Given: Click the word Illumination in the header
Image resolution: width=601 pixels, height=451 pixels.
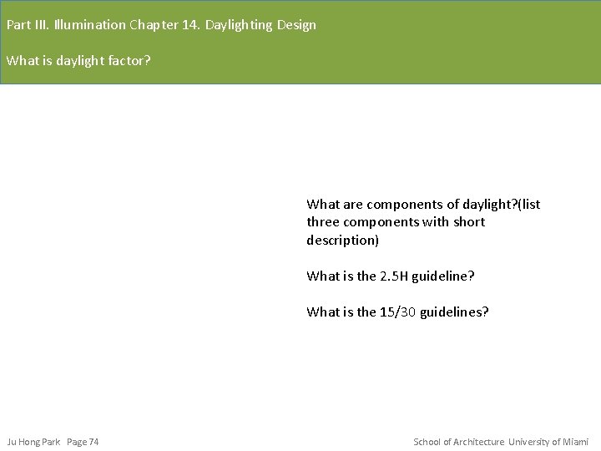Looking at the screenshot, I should point(89,25).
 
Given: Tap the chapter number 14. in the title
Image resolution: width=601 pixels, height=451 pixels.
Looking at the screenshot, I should point(191,25).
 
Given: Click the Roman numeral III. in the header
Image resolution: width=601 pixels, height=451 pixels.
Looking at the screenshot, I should point(41,25).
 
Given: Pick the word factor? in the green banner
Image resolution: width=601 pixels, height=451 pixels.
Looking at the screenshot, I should point(129,61).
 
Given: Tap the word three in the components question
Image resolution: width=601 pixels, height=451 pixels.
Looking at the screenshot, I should point(322,222).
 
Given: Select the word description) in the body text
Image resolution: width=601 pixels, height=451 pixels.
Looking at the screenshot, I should point(342,241).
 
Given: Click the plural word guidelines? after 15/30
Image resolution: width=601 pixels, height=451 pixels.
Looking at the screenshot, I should point(454,312).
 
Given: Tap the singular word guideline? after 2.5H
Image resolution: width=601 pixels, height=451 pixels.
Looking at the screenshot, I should point(451,276).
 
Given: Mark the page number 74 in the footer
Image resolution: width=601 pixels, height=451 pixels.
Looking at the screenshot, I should point(93,442).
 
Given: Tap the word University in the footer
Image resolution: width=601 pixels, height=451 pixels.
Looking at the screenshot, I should point(529,442).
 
